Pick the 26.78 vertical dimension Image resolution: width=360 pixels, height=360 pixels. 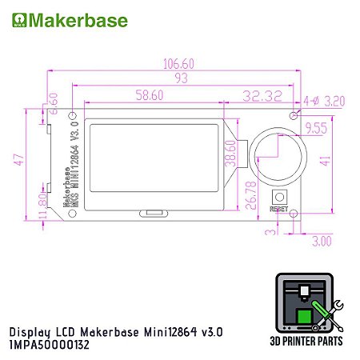click(254, 195)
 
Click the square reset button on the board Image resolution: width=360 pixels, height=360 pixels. click(280, 197)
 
